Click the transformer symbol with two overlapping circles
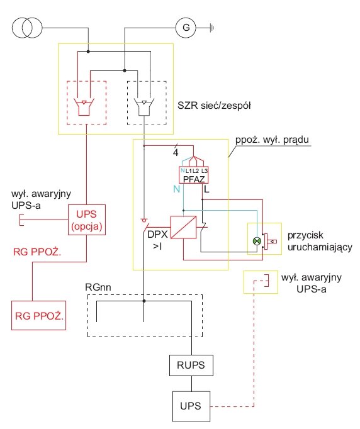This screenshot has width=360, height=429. click(x=27, y=27)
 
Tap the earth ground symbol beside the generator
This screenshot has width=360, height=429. click(x=212, y=28)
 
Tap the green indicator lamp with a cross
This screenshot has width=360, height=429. click(x=257, y=241)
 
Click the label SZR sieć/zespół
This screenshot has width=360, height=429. click(x=214, y=106)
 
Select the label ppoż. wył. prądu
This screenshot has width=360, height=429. click(x=272, y=140)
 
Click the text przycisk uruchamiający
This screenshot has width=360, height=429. click(x=320, y=242)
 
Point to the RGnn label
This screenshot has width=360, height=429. click(x=98, y=287)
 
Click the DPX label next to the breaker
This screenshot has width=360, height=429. click(x=157, y=234)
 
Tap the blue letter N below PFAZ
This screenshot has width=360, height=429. click(x=177, y=189)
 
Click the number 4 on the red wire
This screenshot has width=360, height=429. click(x=176, y=153)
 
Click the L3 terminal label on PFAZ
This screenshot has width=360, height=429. click(x=205, y=171)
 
